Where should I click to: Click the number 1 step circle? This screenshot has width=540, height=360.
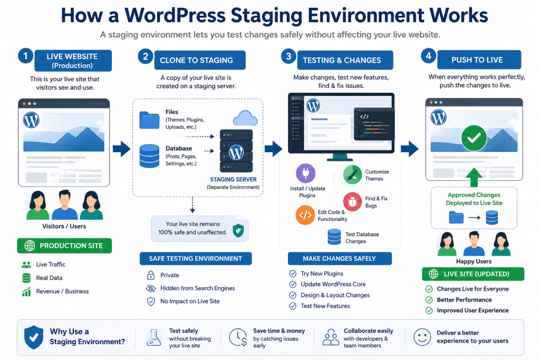point(25,56)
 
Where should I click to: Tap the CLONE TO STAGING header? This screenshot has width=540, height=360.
point(200,60)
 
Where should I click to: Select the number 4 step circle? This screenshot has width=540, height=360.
point(428,56)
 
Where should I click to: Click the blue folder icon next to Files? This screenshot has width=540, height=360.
point(149,120)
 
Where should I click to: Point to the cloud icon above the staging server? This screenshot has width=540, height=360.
point(245,118)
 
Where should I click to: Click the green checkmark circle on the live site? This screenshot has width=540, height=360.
point(474,138)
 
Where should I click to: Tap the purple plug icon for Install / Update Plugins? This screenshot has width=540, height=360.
point(305,173)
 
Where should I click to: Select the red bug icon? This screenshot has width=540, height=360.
point(352,202)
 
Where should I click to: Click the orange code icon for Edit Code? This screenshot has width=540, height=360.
point(305,215)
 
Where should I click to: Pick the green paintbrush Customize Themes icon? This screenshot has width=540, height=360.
point(352,175)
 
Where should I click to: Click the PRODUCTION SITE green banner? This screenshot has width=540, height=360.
point(64,246)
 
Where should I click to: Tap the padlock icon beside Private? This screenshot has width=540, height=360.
point(151,275)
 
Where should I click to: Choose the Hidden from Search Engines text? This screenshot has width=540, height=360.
point(197,288)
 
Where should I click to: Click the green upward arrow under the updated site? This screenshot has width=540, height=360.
point(474,177)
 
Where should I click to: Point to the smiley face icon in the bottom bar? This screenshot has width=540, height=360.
point(422,337)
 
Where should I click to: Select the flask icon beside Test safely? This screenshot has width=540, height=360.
point(153,337)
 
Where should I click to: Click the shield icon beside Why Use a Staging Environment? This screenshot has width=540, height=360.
point(34,337)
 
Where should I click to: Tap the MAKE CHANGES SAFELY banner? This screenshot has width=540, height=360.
point(340,258)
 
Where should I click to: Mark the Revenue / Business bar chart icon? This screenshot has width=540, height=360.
point(26,291)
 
